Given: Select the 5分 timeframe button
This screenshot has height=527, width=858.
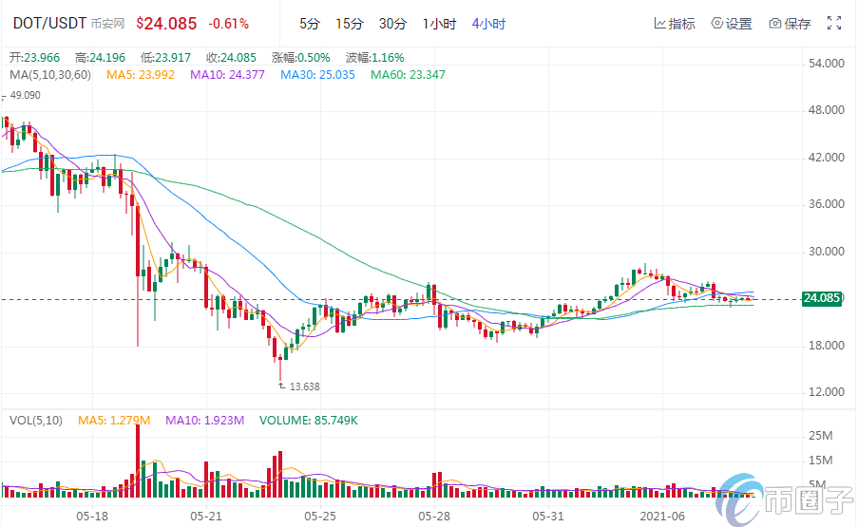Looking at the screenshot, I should tap(310, 23).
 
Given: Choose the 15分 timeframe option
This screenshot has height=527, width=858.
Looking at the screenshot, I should tap(350, 23).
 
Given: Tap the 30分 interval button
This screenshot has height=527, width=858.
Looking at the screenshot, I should tap(392, 23).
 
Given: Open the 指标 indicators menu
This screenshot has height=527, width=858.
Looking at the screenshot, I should tap(676, 23).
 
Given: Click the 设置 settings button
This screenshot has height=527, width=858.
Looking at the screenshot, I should tap(732, 23).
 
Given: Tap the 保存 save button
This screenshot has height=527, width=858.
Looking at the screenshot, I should tap(790, 23).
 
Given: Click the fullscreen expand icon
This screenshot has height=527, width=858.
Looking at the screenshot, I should tap(835, 23).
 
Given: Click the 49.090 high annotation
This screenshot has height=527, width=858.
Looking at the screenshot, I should tap(26, 95).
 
